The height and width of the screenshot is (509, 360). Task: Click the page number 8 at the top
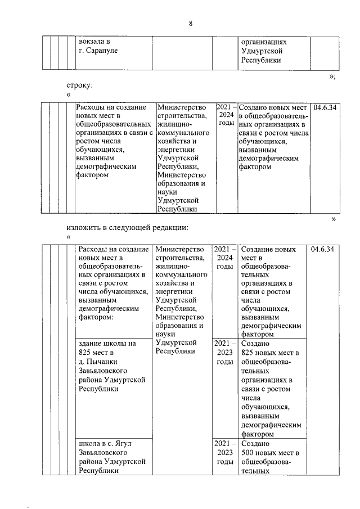[x=191, y=24]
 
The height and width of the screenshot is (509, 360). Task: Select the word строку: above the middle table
[x=79, y=85]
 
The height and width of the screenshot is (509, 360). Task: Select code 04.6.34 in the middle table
[x=325, y=107]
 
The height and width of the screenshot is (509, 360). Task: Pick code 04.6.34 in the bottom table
[x=322, y=249]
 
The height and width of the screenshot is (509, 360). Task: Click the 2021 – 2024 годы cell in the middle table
[x=225, y=115]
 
